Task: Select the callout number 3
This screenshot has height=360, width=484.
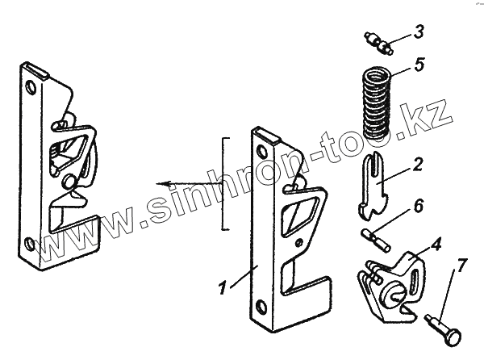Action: point(418,33)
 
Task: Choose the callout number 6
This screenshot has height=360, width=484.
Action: point(419,207)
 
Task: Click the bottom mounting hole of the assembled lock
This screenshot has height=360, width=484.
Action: point(29,240)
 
